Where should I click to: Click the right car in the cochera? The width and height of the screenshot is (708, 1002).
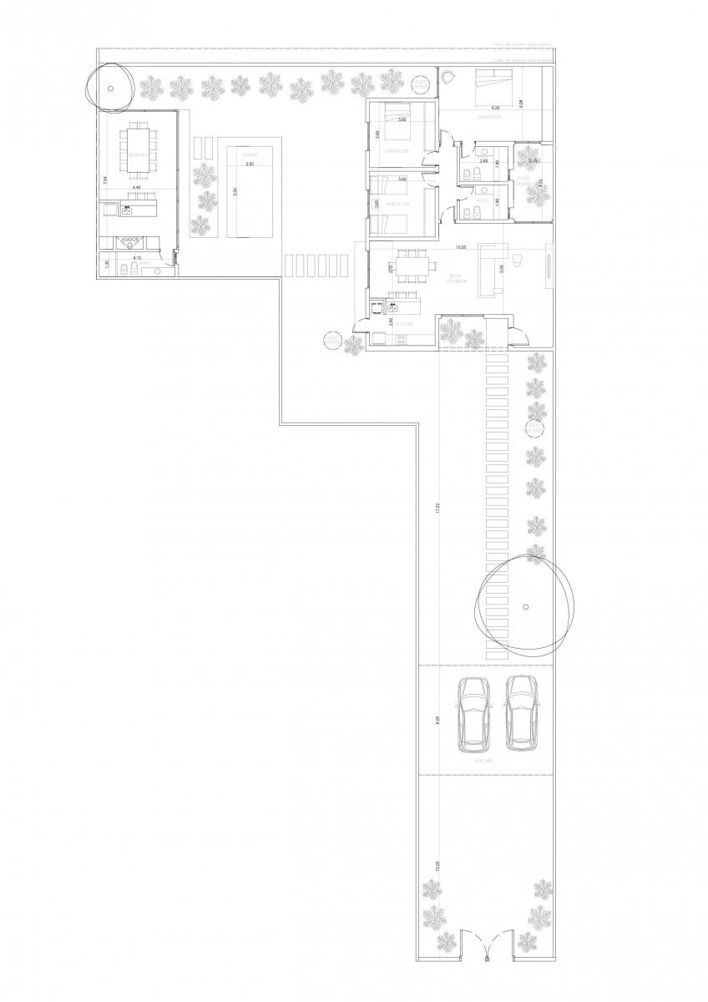point(520,712)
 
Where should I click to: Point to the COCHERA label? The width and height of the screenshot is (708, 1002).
point(484,762)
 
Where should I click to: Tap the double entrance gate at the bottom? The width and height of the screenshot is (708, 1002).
point(483,944)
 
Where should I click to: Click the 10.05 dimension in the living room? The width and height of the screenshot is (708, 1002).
point(460,248)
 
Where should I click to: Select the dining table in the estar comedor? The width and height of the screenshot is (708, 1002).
point(410,267)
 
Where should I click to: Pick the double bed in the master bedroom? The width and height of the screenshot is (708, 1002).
point(496,86)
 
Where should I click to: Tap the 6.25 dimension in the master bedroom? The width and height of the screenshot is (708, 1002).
point(495,109)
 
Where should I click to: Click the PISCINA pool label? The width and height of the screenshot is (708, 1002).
point(249,154)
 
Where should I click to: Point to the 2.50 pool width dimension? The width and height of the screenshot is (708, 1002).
point(249,164)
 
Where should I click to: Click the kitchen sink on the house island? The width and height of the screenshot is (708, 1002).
point(392,307)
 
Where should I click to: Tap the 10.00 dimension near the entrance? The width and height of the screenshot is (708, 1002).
point(437,868)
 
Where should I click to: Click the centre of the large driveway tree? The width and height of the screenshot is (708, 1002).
point(525,606)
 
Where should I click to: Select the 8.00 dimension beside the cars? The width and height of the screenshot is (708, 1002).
point(437,720)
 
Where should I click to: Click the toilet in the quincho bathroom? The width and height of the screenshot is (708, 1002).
point(124,269)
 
